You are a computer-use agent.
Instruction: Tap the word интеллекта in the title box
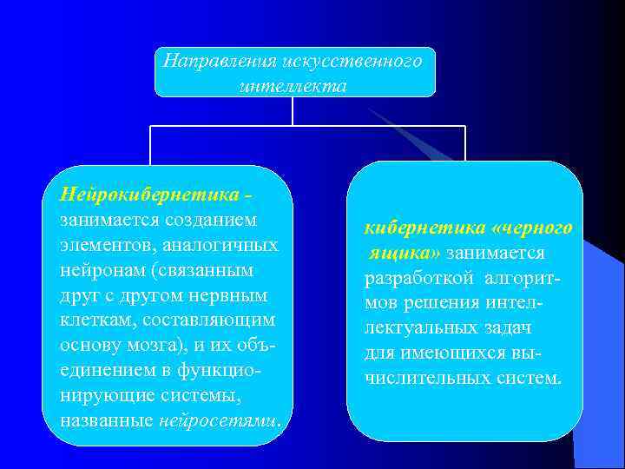pos(292,86)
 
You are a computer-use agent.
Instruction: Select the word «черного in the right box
pos(532,228)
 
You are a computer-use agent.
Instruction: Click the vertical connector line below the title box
pos(293,110)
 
